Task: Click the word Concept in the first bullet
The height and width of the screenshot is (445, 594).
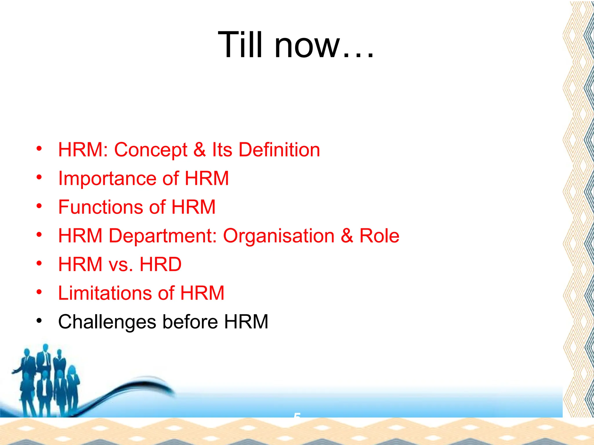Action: (x=151, y=150)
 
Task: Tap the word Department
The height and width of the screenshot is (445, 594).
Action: (x=162, y=236)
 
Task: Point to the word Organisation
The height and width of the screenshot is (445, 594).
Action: (x=278, y=236)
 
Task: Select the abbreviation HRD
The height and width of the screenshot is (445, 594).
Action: (x=160, y=264)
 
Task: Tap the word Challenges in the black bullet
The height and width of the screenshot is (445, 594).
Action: (x=107, y=322)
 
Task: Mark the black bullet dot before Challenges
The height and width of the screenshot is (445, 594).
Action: (x=39, y=321)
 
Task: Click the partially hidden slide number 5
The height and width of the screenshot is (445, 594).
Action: (x=297, y=415)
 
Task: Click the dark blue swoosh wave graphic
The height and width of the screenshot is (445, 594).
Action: (x=136, y=387)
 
